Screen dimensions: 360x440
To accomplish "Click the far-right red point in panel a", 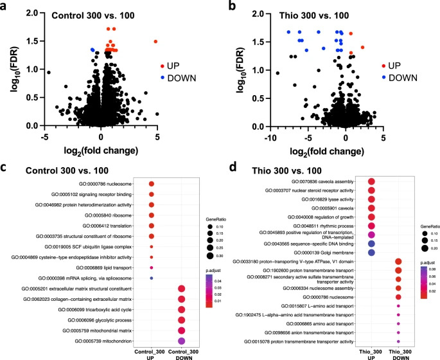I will coord(155,42).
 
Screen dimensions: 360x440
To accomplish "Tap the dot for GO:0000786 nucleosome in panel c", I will coord(152,184).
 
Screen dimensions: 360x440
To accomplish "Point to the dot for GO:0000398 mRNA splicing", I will coord(152,278).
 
